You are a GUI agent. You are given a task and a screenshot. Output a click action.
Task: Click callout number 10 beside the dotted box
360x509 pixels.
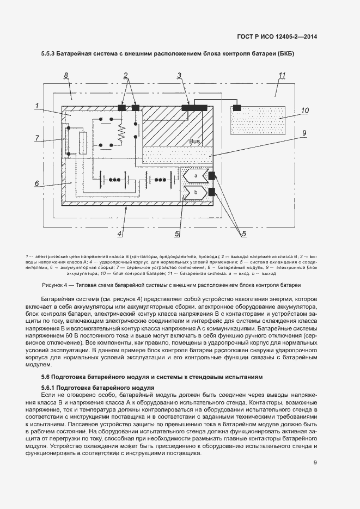coord(305,111)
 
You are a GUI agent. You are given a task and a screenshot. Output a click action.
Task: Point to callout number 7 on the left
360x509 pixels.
coord(37,138)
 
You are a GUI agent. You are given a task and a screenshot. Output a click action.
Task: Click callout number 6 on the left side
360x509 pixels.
coord(37,183)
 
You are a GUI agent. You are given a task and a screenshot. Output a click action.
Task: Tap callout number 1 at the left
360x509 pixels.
coord(37,105)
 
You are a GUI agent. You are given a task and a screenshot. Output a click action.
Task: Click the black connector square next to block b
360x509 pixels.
coord(212,192)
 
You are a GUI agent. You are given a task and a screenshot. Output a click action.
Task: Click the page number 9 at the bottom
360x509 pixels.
coord(315,463)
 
